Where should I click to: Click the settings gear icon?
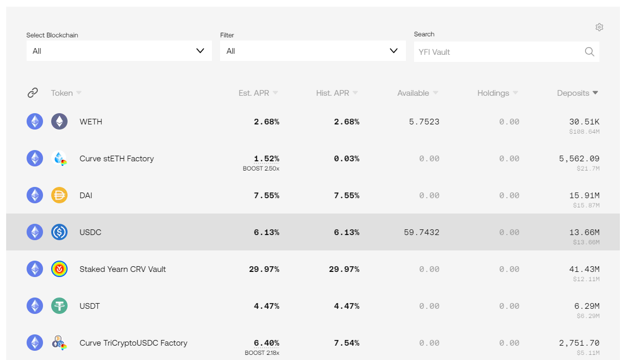pos(599,27)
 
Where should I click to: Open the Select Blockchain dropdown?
pos(119,51)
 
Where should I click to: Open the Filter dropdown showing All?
pos(312,51)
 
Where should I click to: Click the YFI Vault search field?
pos(497,52)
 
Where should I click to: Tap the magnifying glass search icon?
pos(590,52)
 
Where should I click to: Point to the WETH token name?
pos(91,122)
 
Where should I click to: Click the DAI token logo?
pos(59,195)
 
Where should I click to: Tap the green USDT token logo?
pos(59,306)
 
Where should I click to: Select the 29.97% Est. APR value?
pos(264,269)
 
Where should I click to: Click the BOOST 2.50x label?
pos(261,168)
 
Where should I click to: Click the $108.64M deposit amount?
pos(584,132)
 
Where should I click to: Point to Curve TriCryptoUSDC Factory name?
pos(133,343)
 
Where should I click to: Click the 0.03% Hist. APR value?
pos(347,159)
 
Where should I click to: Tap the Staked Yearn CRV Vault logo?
pos(59,269)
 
